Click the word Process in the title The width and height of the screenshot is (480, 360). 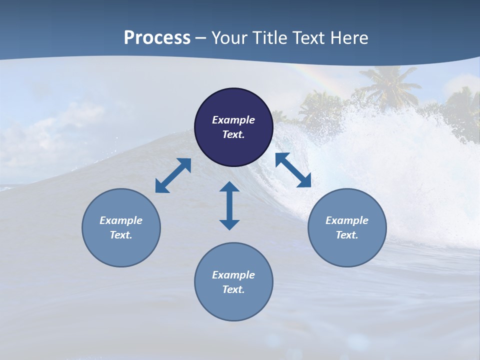click(x=157, y=38)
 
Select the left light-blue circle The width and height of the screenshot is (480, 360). click(x=121, y=250)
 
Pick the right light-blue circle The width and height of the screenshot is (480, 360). click(x=347, y=250)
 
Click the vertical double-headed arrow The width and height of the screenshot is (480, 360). click(x=229, y=205)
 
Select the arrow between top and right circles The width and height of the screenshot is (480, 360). click(x=293, y=170)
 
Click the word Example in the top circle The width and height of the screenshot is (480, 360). click(x=233, y=120)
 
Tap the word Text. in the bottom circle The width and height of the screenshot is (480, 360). click(x=233, y=289)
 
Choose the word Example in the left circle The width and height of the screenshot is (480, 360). click(x=121, y=220)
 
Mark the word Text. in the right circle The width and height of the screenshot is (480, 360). click(x=347, y=235)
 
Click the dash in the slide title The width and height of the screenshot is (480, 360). click(x=201, y=38)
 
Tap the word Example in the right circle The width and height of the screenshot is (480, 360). click(x=347, y=220)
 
